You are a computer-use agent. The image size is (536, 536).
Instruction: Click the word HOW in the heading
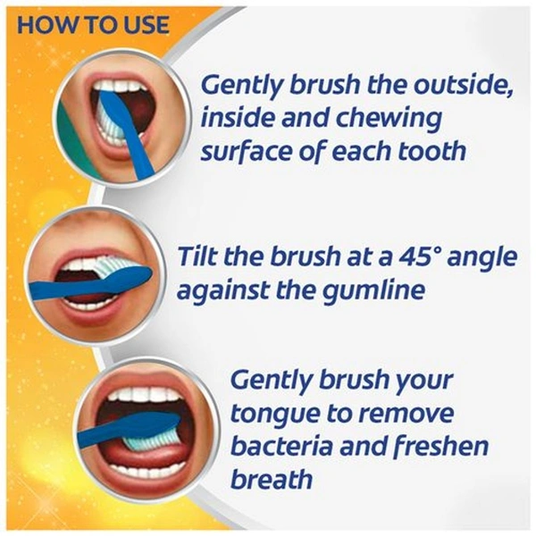(x=43, y=25)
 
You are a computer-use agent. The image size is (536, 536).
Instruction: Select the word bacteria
(x=282, y=446)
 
